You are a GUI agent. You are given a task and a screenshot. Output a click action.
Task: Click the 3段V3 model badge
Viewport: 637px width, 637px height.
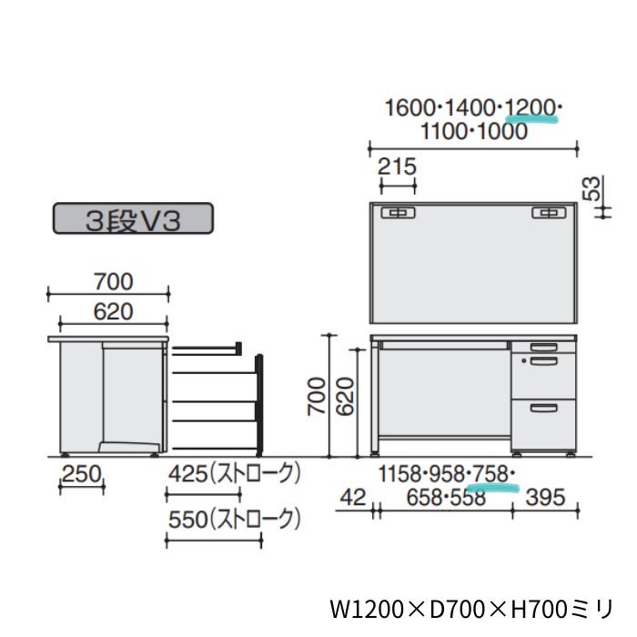tap(133, 220)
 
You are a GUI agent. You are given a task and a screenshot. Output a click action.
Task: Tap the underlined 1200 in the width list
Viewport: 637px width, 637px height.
tap(531, 108)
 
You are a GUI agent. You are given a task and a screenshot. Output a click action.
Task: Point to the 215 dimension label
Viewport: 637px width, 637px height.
tap(396, 167)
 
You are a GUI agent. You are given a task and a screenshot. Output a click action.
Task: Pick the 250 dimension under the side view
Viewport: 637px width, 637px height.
tap(81, 474)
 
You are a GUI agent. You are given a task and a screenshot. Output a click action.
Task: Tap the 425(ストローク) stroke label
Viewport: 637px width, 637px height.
tap(234, 474)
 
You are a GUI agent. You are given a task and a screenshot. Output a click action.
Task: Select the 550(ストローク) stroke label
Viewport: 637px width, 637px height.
tap(234, 519)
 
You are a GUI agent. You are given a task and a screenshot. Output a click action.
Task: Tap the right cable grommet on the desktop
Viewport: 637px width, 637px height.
tap(547, 213)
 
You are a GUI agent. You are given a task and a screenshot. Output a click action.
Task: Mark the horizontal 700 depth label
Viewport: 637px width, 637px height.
tap(108, 280)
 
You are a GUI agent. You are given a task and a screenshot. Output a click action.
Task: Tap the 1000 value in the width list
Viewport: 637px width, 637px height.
tap(500, 131)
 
